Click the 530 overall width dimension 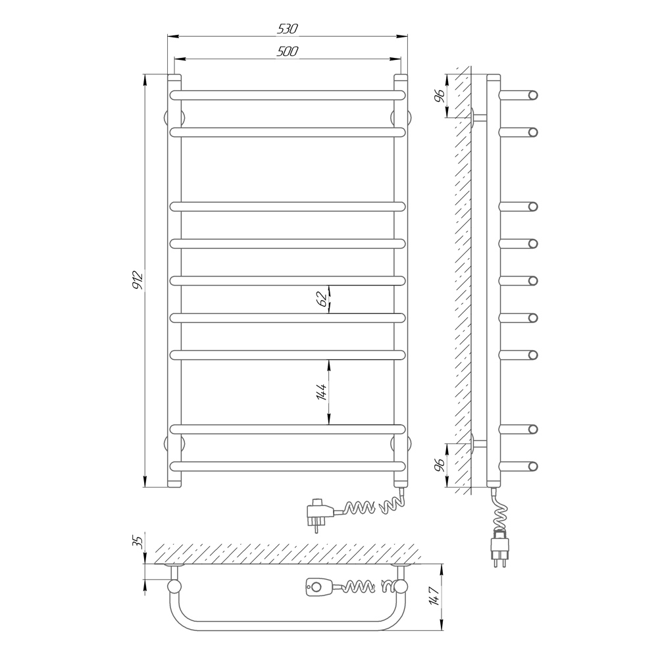(x=288, y=28)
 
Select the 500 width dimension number (x=288, y=51)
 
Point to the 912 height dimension (x=138, y=280)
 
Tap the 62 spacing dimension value (x=322, y=299)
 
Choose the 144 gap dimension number (x=322, y=392)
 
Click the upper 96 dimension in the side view (x=440, y=95)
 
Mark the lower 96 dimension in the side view (x=440, y=465)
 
